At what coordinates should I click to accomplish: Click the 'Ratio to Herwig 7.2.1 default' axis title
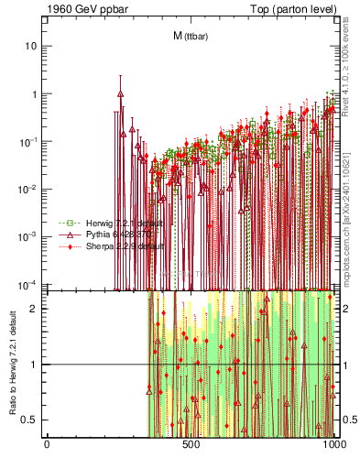(x=12, y=365)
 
